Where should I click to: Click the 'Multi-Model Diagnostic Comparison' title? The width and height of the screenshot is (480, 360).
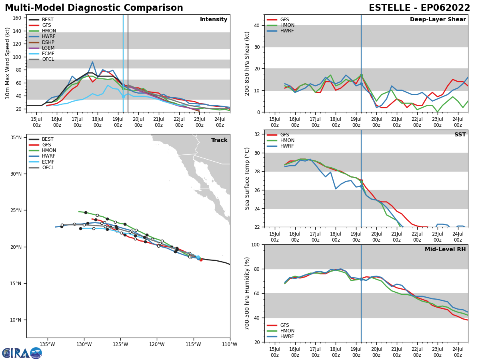coord(94,8)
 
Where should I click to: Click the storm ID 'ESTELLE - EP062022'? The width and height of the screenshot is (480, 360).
coord(419,8)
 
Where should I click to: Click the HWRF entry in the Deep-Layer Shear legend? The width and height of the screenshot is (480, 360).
coord(286,31)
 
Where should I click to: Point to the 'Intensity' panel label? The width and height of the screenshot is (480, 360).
coord(214,20)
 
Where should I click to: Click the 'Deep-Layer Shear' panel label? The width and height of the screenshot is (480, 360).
coord(438,20)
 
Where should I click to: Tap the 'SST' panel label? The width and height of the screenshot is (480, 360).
coord(460,135)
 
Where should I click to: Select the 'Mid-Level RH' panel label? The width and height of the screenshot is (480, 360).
coord(445,250)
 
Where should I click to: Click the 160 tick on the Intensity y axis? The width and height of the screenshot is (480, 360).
coord(18,18)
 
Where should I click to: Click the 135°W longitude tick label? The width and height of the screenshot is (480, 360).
coord(47,344)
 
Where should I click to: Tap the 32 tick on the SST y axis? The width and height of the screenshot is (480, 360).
coord(258,134)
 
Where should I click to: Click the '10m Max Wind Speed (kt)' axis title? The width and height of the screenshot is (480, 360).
coord(8,63)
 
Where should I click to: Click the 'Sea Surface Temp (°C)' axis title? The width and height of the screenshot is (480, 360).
coord(247,178)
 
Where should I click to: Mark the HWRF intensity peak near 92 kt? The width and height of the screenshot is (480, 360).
coord(92,62)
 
